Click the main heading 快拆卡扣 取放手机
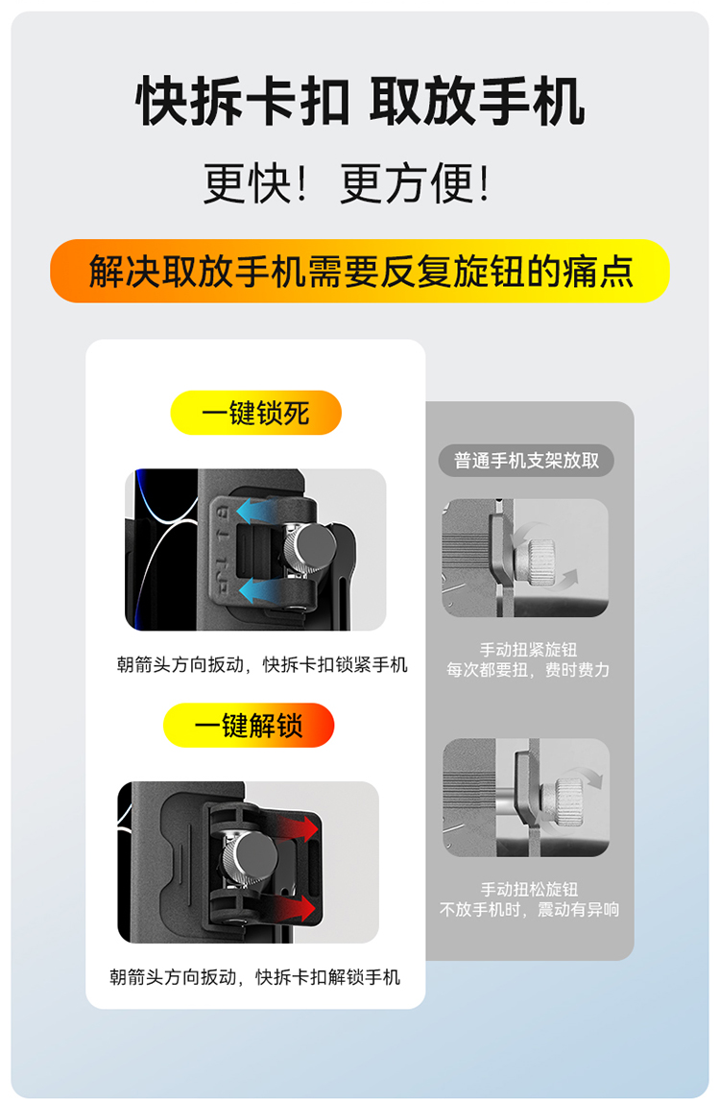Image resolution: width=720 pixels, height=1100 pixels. (x=360, y=102)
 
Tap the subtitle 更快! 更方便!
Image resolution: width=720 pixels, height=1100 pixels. (x=346, y=183)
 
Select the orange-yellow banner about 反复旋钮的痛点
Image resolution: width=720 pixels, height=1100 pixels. (x=360, y=272)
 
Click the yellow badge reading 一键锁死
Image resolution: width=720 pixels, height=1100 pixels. (x=256, y=413)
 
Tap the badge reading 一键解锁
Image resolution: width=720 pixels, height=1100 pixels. (x=250, y=725)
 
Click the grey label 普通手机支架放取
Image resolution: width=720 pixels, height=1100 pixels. (x=526, y=460)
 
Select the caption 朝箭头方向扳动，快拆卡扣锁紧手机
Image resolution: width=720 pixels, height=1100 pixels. (x=262, y=664)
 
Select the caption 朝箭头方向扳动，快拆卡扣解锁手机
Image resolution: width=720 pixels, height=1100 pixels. (x=254, y=976)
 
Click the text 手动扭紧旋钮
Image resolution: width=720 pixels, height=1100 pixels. (x=528, y=650)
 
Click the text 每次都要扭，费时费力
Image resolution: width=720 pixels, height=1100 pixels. (x=528, y=670)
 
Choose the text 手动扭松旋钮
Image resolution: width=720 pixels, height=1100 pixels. (x=529, y=890)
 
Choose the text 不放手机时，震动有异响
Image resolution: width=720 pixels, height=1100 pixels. (x=529, y=910)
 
